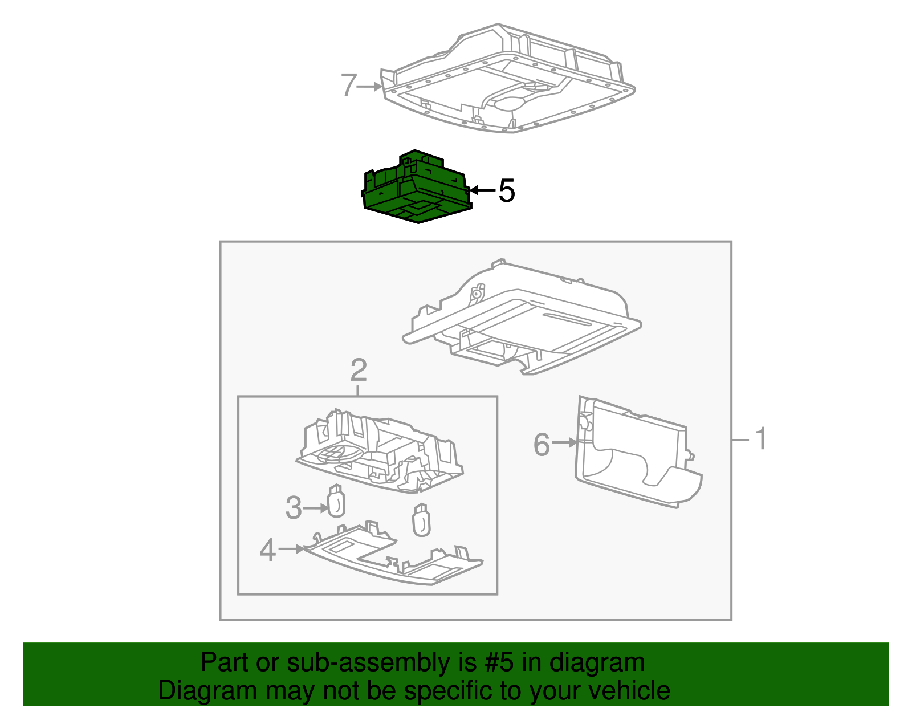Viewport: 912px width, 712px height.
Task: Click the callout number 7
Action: click(x=349, y=86)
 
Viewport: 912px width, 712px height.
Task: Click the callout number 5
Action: click(x=506, y=190)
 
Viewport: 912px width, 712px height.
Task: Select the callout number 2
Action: click(x=358, y=371)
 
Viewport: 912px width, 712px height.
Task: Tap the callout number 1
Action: click(x=761, y=440)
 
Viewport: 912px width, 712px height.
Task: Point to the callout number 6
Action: click(x=541, y=444)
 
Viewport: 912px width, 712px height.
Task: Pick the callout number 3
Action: click(x=293, y=507)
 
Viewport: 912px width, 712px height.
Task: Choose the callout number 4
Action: click(x=267, y=550)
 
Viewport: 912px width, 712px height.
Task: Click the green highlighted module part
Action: click(x=416, y=191)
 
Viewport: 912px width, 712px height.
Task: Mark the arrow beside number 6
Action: click(x=565, y=442)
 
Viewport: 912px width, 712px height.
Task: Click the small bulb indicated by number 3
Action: click(x=336, y=502)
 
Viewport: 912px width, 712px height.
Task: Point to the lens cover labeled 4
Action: click(x=393, y=559)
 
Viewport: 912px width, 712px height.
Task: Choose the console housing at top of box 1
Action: click(x=522, y=319)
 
